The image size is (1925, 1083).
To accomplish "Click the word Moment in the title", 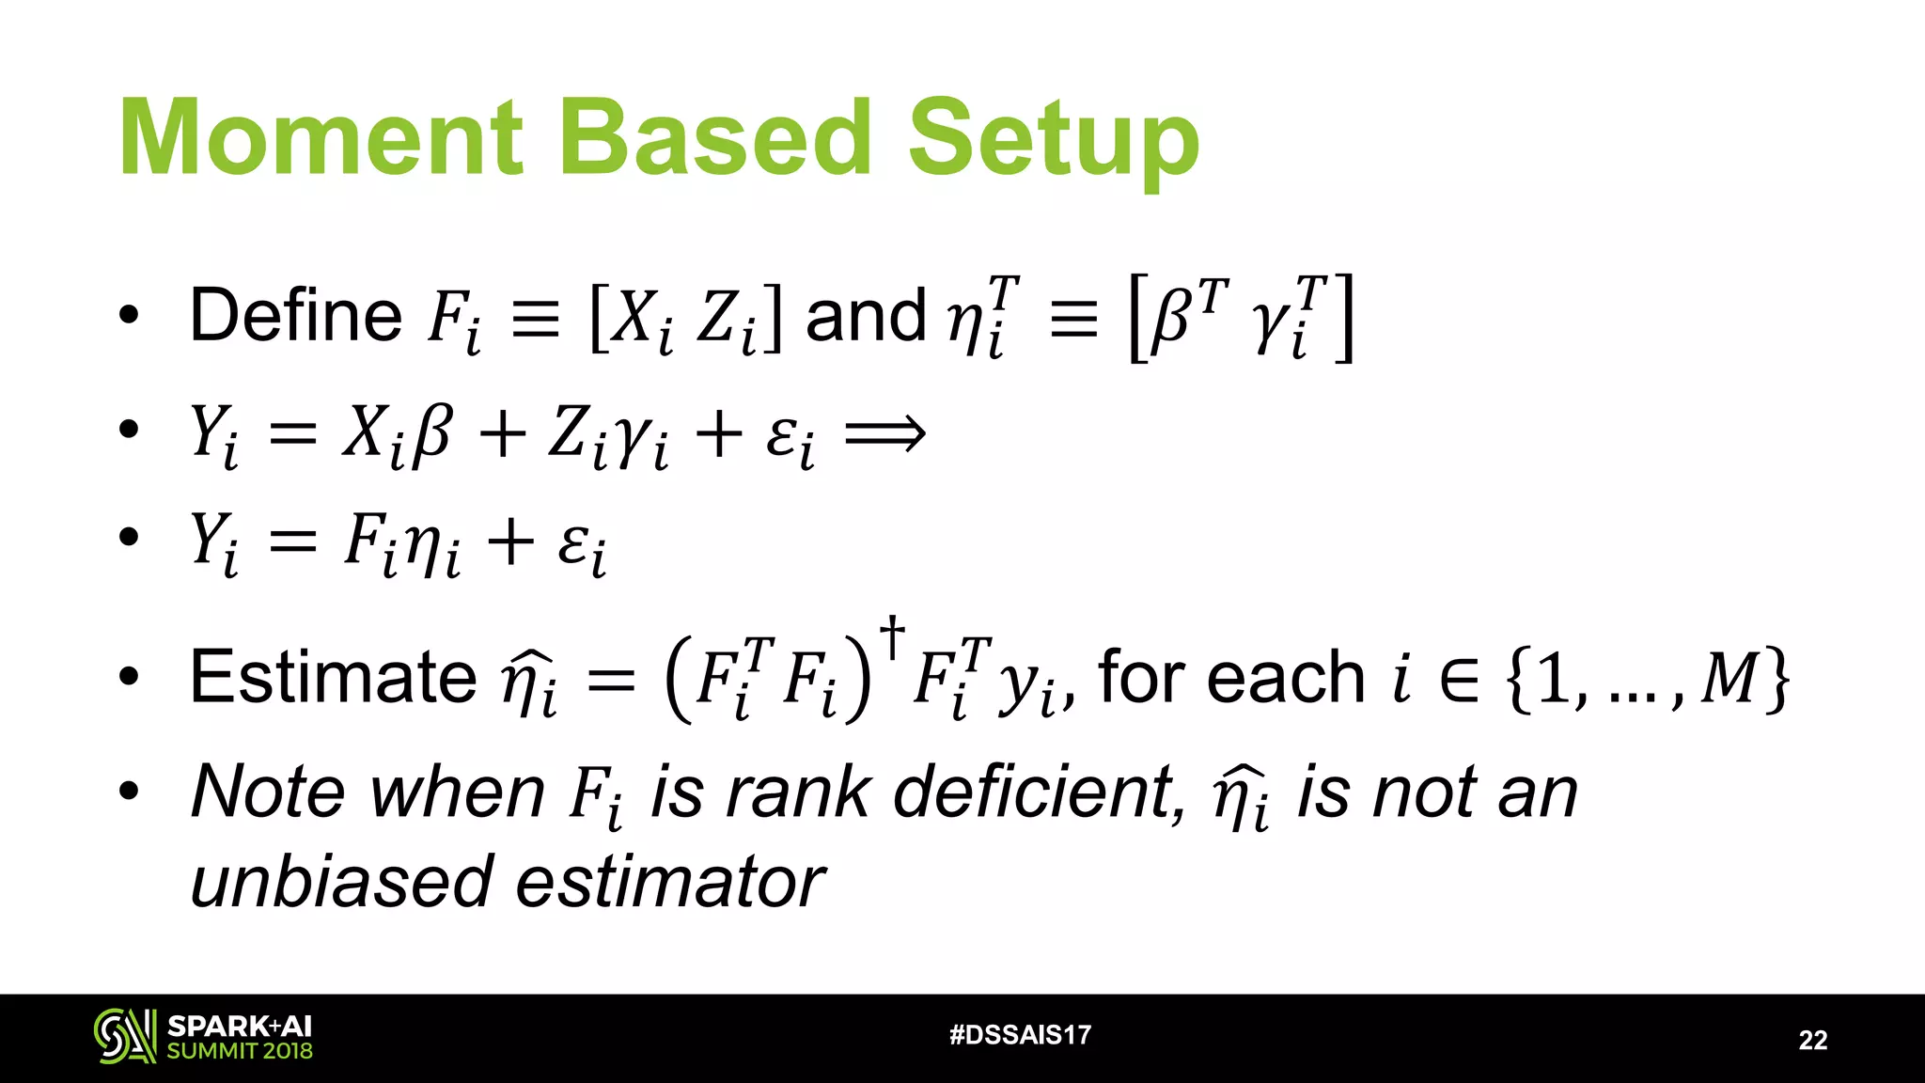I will point(321,138).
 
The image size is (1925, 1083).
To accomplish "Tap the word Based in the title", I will point(716,138).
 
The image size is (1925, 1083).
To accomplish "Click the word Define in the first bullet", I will point(296,315).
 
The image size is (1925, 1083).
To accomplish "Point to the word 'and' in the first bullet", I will point(866,317).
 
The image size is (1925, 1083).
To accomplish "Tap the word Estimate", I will point(333,677).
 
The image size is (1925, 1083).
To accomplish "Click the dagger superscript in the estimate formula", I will point(892,636).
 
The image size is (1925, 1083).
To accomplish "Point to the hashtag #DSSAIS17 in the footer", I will point(1020,1035).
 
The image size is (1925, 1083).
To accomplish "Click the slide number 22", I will point(1812,1040).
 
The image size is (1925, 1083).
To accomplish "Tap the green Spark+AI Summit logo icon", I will point(125,1037).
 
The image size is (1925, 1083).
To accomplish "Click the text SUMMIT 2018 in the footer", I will point(240,1051).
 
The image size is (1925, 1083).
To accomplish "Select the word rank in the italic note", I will point(798,793).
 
